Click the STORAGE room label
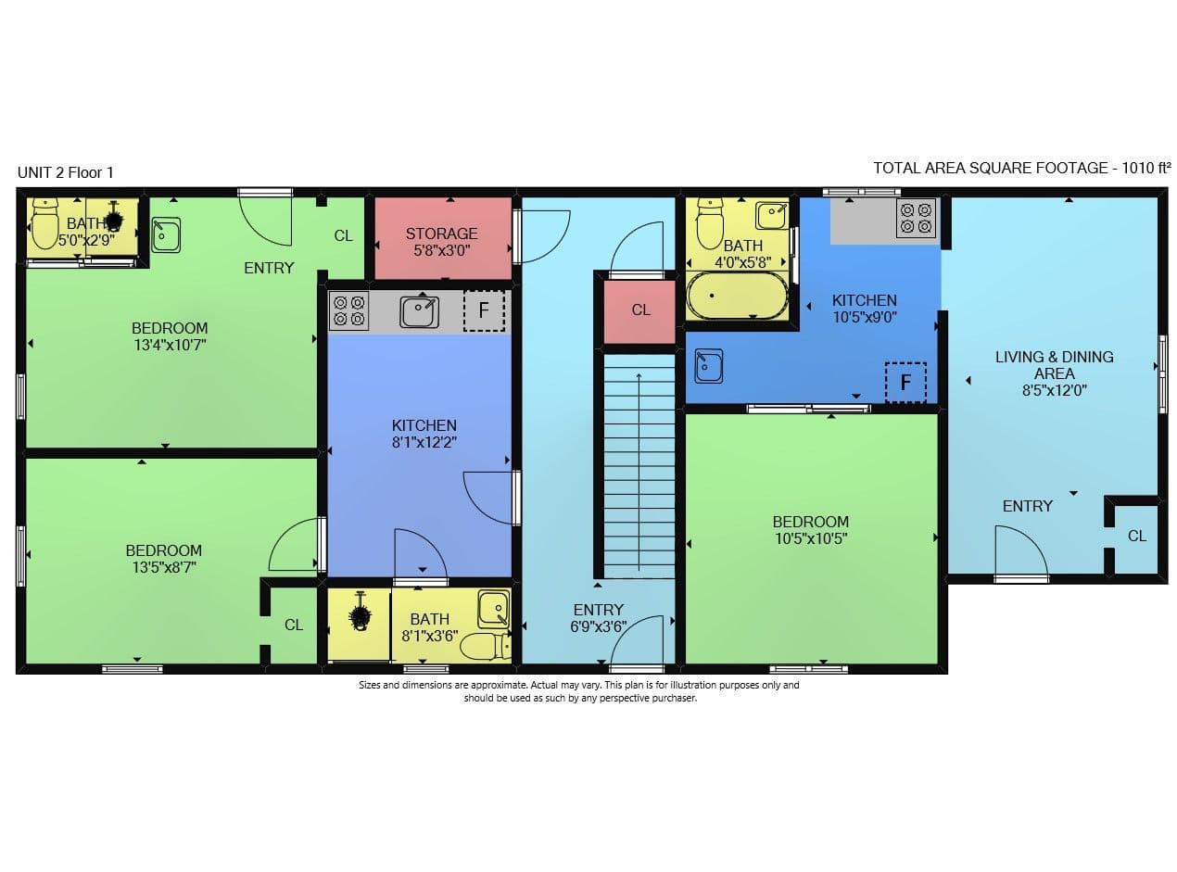tap(441, 234)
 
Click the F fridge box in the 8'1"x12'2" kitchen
tap(483, 310)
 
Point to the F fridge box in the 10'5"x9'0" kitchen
tap(905, 382)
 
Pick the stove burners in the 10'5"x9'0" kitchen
tap(916, 218)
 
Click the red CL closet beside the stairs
tap(640, 310)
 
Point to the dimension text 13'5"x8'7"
tap(164, 566)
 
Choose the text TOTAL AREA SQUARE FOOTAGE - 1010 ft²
tap(1022, 168)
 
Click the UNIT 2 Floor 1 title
tap(65, 172)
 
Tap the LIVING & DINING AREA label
tap(1054, 364)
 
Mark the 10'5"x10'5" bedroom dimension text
tap(811, 537)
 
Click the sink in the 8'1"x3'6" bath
tap(493, 609)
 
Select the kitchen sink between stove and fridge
tap(419, 311)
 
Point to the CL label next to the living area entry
tap(1136, 536)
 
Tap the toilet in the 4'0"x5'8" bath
tap(710, 222)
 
